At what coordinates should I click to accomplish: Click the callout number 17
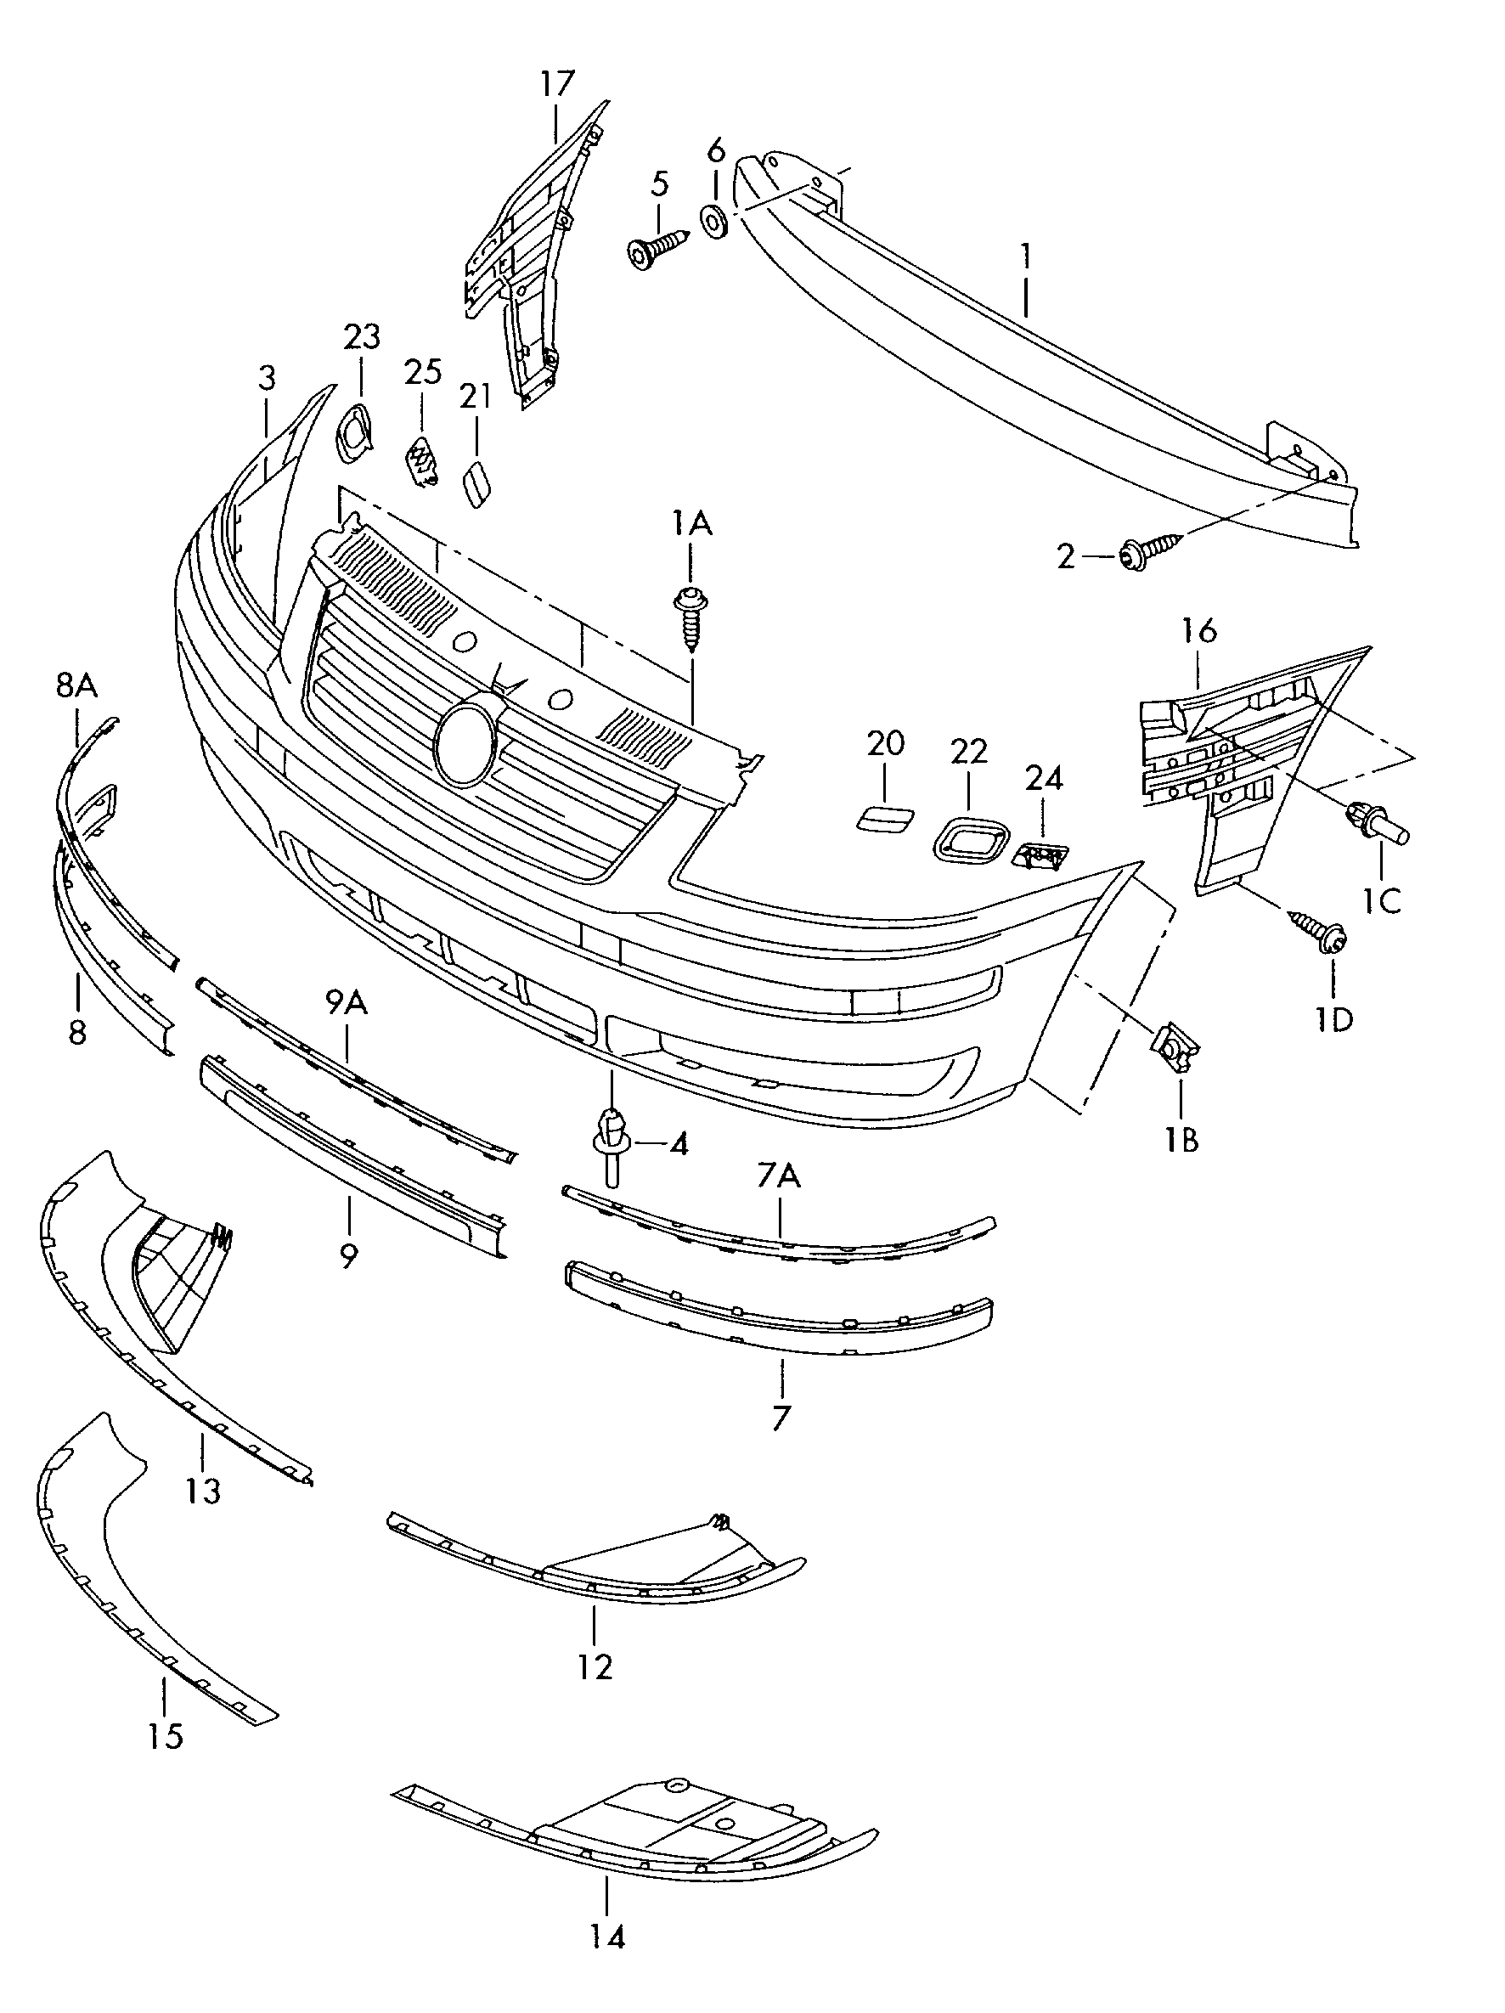557,85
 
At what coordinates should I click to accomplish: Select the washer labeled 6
713,221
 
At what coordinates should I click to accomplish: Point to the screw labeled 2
1150,551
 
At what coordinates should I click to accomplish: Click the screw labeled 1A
690,620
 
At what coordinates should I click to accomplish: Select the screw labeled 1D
1317,931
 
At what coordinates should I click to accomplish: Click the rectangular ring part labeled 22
971,840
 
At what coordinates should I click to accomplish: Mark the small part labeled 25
420,460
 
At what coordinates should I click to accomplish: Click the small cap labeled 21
476,483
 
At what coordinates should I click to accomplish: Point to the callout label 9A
346,1003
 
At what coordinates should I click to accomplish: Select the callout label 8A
76,685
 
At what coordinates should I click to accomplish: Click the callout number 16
1199,629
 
